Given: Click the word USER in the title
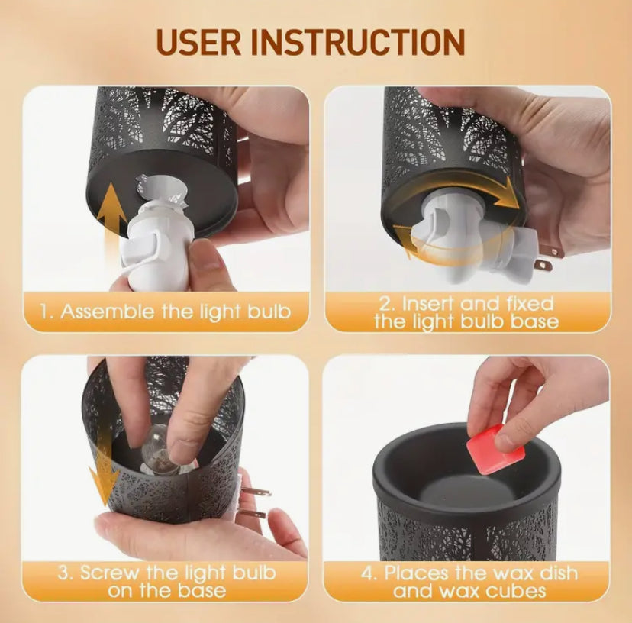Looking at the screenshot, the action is [x=198, y=41].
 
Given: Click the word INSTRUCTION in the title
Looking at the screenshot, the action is [x=358, y=41].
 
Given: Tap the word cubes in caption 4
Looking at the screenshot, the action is [x=515, y=591].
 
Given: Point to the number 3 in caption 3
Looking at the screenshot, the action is [x=64, y=573].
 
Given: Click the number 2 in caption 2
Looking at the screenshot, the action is [x=385, y=304].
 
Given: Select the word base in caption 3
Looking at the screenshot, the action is [x=202, y=591].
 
